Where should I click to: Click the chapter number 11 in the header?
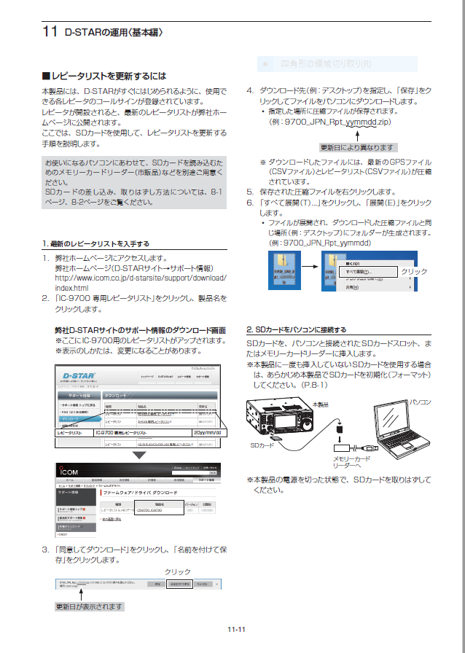(x=50, y=32)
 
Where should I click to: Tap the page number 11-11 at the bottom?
(x=235, y=629)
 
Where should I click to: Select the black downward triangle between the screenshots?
(x=138, y=455)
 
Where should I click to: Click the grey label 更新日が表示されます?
(x=90, y=606)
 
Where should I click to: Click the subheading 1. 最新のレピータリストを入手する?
(x=95, y=243)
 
